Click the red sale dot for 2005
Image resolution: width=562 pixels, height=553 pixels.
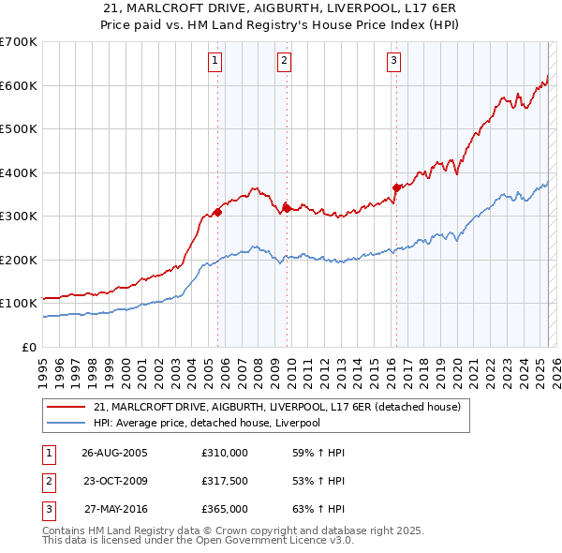pyautogui.click(x=218, y=212)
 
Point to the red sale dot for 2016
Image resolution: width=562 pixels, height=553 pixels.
pyautogui.click(x=396, y=187)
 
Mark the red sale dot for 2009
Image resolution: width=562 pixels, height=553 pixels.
pyautogui.click(x=287, y=208)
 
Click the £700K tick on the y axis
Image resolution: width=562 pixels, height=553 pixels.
pyautogui.click(x=19, y=42)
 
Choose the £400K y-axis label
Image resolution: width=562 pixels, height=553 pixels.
pyautogui.click(x=19, y=172)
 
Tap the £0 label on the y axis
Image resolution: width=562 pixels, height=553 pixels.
pyautogui.click(x=28, y=347)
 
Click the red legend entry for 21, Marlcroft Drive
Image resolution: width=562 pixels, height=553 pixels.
pyautogui.click(x=277, y=408)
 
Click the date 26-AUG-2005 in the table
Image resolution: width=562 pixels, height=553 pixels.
pyautogui.click(x=114, y=453)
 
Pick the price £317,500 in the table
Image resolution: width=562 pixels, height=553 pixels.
pyautogui.click(x=224, y=481)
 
